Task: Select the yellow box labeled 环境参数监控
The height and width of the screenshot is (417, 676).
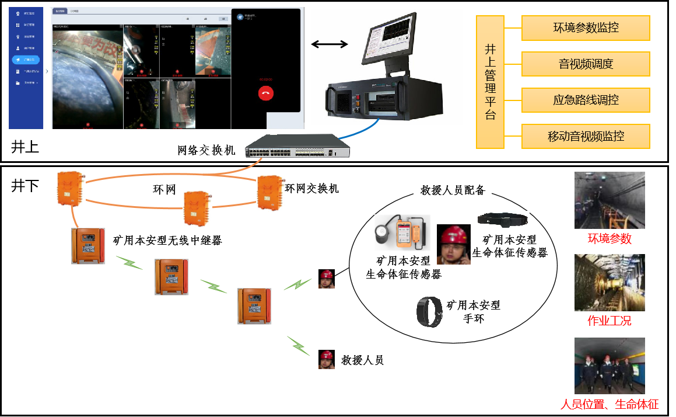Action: point(585,28)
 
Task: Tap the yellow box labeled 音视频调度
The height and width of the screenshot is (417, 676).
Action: point(585,64)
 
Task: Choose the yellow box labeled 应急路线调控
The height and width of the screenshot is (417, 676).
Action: point(585,100)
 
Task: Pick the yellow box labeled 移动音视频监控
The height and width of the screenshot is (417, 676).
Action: point(585,136)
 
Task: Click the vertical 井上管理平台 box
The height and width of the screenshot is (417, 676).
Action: point(490,82)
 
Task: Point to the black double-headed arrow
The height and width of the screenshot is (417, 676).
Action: point(329,44)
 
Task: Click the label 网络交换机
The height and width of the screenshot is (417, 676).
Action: point(206,151)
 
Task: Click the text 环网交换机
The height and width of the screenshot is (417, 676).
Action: point(311,189)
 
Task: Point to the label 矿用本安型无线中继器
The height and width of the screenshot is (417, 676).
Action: point(167,240)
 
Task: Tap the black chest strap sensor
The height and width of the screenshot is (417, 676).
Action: point(503,219)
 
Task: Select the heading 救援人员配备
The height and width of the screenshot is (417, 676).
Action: point(453,190)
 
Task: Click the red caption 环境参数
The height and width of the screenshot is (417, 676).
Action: point(609,239)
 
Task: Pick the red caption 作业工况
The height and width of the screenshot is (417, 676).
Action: point(609,321)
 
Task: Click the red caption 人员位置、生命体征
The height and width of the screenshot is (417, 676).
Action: point(609,404)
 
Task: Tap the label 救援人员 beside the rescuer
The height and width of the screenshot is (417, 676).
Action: point(362,360)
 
